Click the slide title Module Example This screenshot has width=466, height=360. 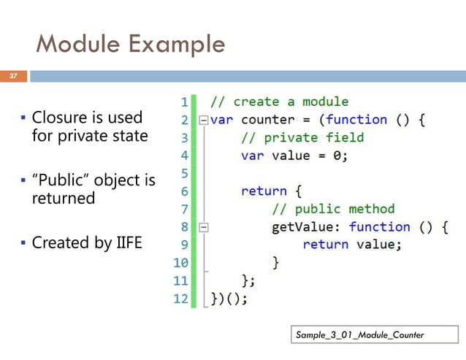130,45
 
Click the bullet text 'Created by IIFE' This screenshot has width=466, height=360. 86,242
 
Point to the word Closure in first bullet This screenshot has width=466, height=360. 59,118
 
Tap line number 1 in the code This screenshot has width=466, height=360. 183,102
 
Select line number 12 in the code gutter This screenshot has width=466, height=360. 180,298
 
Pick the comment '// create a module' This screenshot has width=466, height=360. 280,102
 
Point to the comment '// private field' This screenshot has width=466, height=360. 302,137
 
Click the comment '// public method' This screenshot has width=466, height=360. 333,209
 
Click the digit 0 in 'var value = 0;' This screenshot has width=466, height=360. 338,155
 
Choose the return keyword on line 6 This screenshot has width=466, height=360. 264,191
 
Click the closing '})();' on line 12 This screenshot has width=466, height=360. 229,298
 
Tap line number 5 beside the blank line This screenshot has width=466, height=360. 183,173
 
